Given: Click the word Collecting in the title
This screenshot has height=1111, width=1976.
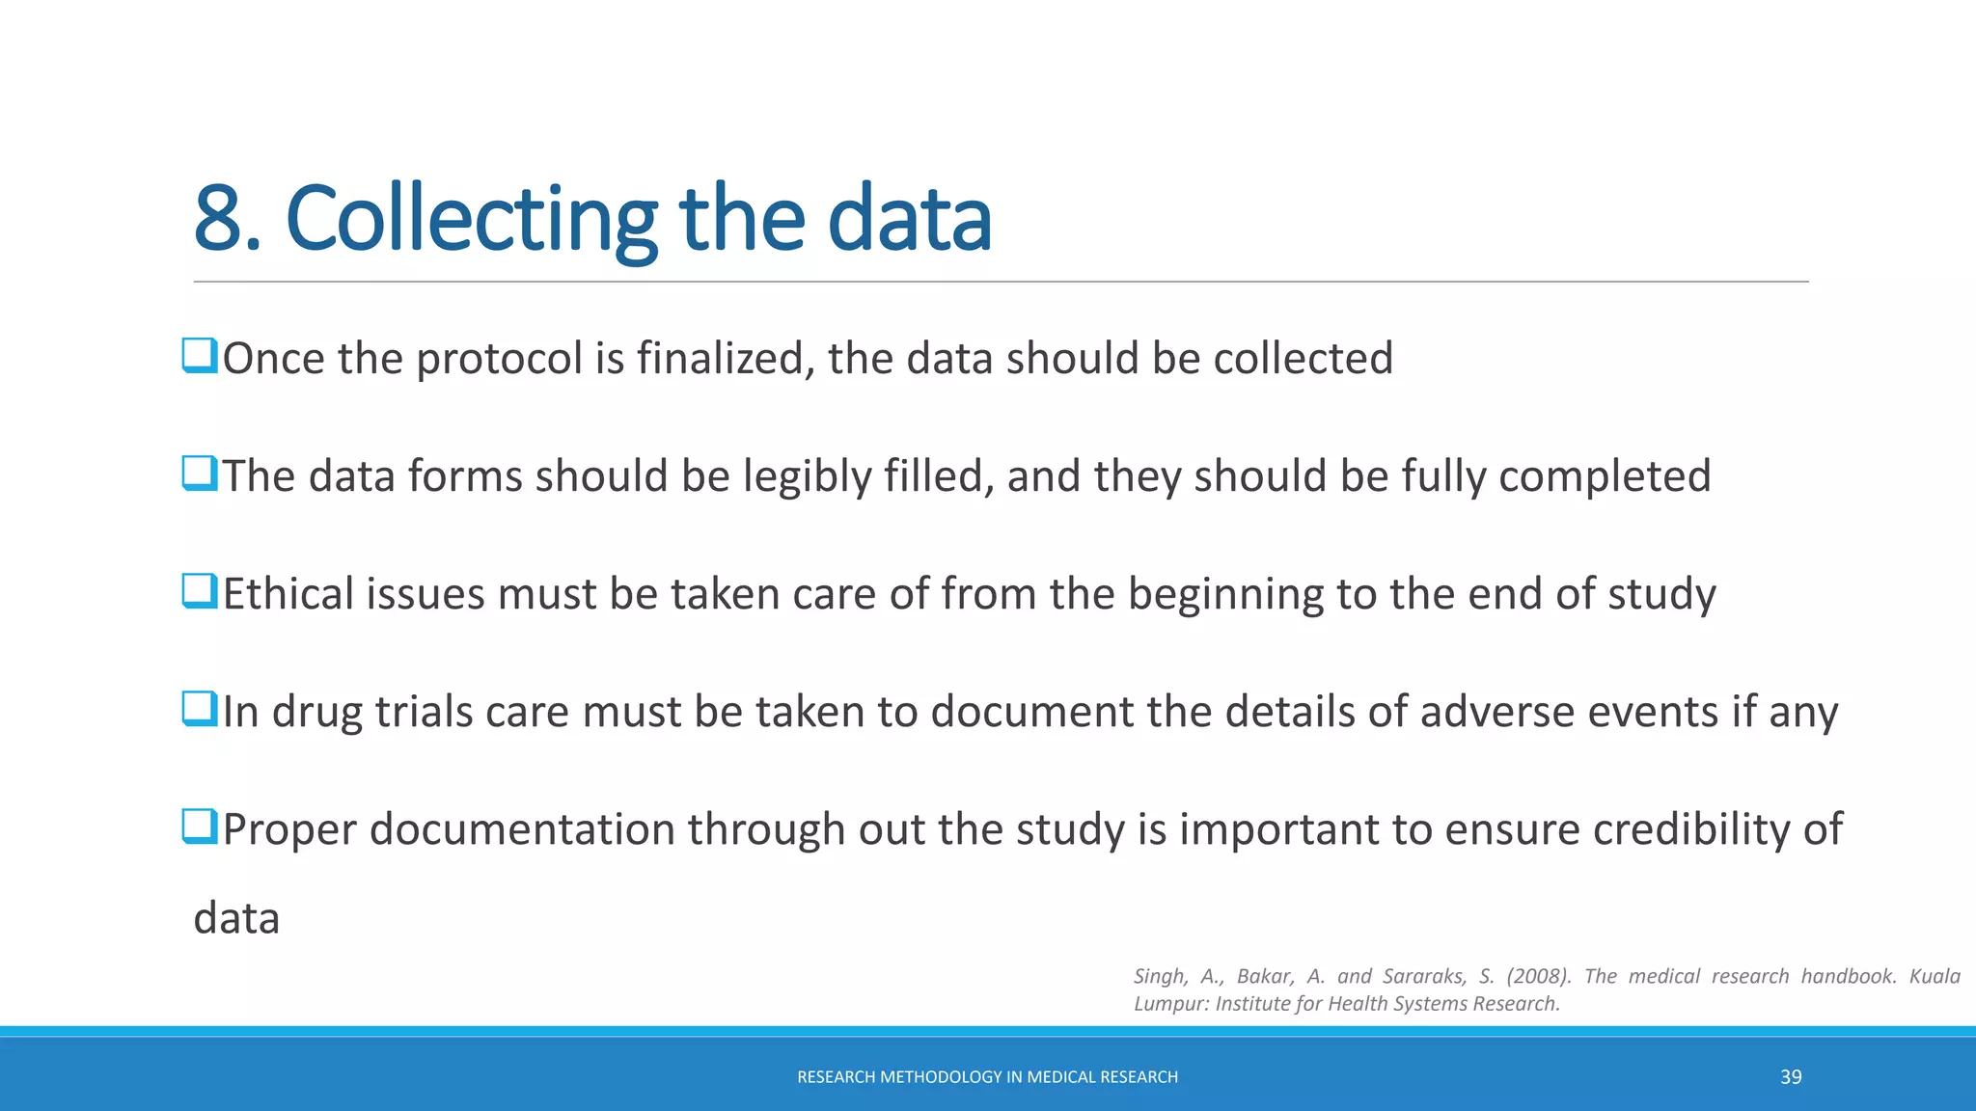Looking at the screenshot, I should point(471,220).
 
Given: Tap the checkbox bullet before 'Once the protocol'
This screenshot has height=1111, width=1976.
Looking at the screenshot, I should point(200,356).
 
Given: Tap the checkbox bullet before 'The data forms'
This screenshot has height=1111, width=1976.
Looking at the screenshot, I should point(200,474).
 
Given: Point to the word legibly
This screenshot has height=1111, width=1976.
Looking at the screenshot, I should point(807,477).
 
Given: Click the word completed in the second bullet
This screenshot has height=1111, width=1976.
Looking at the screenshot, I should point(1605,477).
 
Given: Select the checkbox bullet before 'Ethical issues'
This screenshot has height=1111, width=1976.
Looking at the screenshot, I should point(200,591).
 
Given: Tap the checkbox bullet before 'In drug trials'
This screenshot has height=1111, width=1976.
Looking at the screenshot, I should point(200,709).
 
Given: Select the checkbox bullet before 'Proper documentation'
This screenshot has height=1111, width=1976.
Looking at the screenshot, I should point(200,826).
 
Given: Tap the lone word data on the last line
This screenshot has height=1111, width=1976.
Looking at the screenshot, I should point(236,918).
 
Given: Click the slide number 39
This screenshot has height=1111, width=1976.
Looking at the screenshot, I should point(1791,1077).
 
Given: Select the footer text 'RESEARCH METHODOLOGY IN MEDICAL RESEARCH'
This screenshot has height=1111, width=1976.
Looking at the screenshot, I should point(987,1077).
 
